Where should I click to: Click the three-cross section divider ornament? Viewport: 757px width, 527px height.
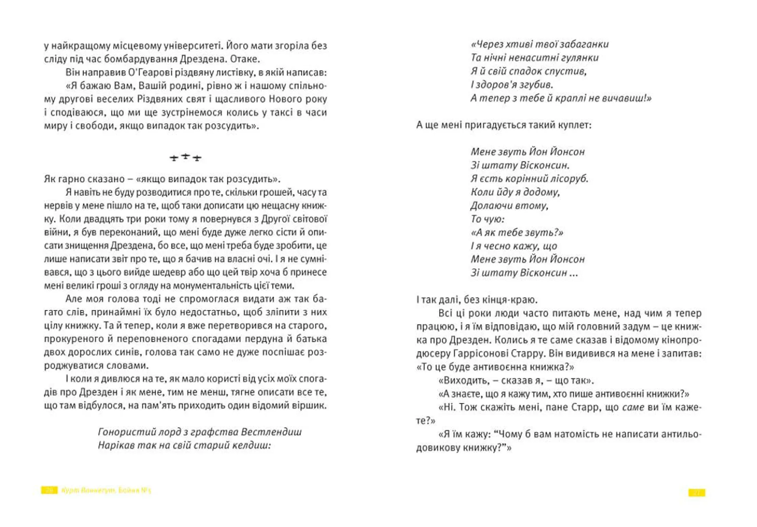(x=185, y=157)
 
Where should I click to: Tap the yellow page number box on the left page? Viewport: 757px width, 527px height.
(x=49, y=490)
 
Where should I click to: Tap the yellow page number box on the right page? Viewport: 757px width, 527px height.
(x=697, y=493)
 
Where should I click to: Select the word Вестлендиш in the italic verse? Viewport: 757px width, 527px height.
(x=271, y=432)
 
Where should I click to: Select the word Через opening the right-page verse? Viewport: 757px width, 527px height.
(x=489, y=44)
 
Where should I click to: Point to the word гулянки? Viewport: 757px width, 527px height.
(x=580, y=58)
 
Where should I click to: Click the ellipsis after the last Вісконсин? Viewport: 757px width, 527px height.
(x=574, y=273)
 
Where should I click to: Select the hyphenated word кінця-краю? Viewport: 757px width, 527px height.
(x=513, y=300)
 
